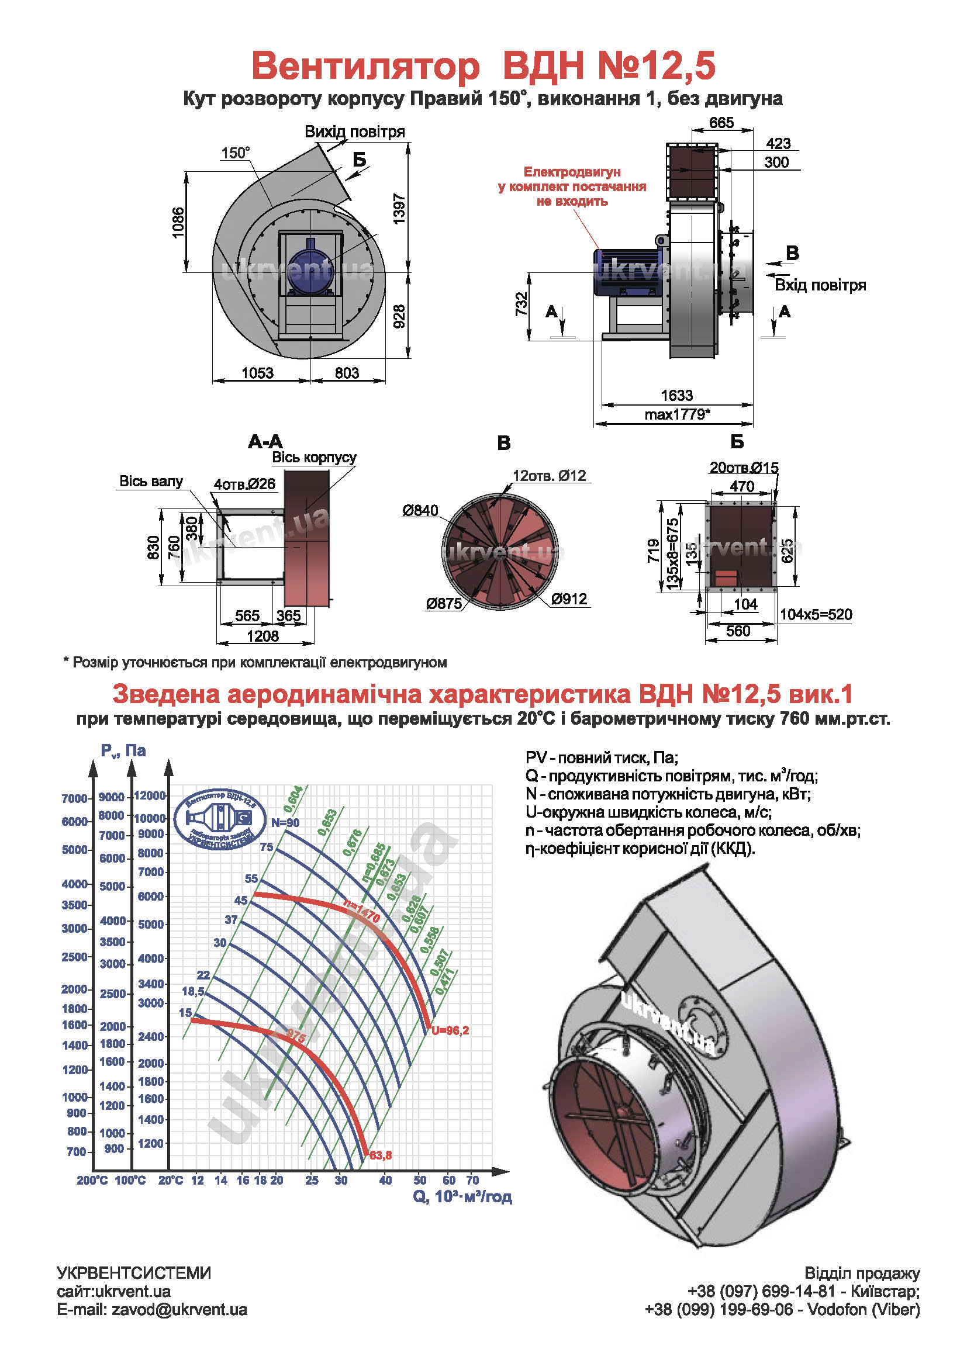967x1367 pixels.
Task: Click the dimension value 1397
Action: point(399,209)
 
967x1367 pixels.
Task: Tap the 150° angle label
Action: point(235,153)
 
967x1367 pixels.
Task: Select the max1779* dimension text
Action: point(677,414)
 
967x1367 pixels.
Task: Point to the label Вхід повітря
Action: point(820,285)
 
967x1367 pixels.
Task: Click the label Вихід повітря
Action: point(355,131)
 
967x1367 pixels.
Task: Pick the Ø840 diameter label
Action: point(420,510)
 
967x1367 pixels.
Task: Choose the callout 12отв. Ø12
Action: point(549,476)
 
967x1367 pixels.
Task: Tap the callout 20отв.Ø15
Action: point(744,468)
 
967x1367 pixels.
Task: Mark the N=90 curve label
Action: point(285,823)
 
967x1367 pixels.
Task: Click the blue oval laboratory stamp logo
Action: point(220,819)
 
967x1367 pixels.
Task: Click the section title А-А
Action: point(265,442)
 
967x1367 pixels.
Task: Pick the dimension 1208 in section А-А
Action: point(263,636)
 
